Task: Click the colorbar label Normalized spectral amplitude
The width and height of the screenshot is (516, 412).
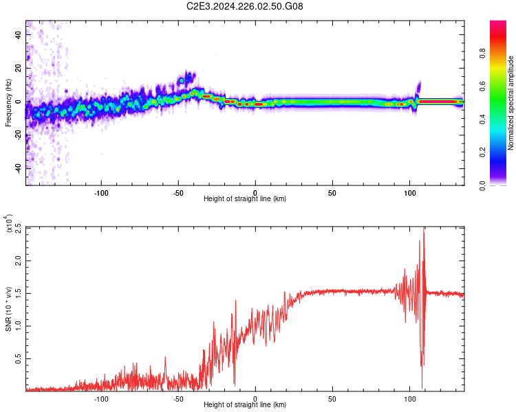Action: [511, 103]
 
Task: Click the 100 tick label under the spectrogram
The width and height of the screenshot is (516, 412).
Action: [409, 193]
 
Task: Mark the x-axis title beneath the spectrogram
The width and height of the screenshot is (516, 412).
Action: [245, 200]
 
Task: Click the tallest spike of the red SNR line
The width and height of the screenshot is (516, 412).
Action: [424, 229]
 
